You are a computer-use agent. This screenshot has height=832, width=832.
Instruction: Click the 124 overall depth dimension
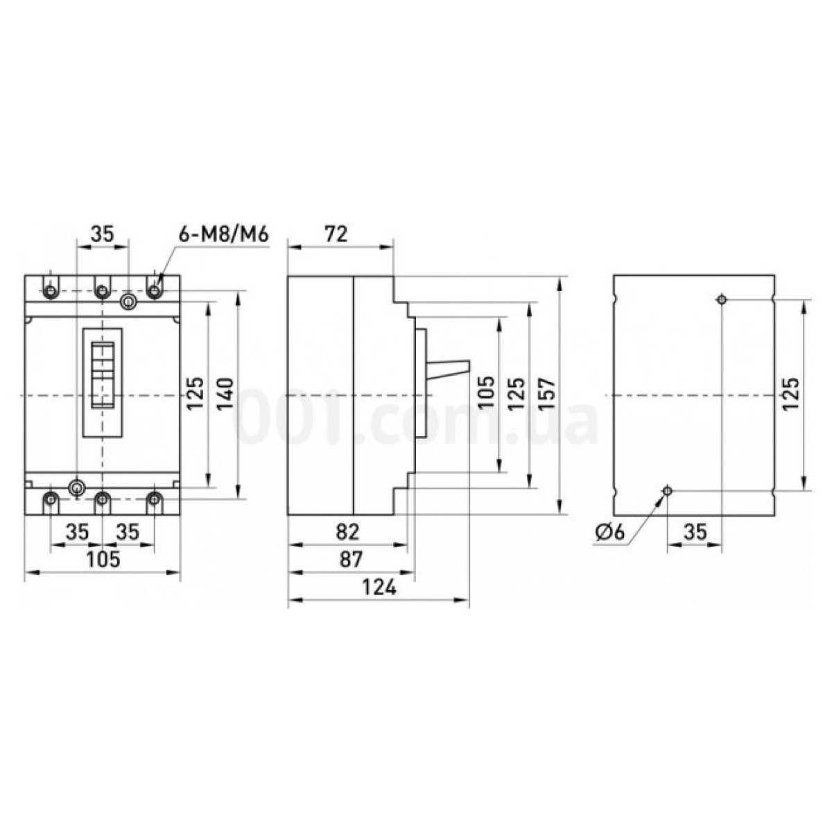click(379, 588)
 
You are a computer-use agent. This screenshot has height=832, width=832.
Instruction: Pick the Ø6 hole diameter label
click(610, 532)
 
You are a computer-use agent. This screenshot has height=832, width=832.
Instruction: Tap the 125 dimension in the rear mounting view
click(790, 394)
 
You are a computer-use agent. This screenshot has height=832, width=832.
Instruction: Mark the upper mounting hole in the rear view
click(722, 300)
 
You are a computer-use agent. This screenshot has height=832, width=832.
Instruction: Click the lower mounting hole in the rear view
click(668, 491)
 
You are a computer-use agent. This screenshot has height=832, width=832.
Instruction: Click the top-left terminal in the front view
click(51, 289)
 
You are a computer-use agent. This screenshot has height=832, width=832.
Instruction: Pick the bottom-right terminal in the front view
click(153, 498)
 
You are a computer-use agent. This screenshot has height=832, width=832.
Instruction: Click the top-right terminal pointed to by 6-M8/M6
click(153, 289)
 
